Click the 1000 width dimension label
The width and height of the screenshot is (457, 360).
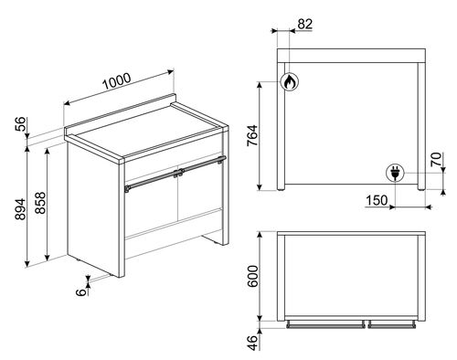pos(117,81)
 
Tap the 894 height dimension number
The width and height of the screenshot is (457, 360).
pos(21,209)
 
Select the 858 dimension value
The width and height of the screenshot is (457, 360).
pos(40,203)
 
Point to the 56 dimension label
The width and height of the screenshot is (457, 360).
pos(21,124)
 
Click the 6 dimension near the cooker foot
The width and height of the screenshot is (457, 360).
pos(80,292)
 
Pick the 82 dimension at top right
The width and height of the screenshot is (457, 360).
pos(305,24)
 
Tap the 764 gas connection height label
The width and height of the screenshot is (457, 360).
pos(252,136)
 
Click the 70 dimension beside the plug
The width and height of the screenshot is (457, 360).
pos(436,159)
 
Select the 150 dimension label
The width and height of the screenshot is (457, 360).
pos(377,200)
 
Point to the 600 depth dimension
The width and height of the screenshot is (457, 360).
pos(252,276)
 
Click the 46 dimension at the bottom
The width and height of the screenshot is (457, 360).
pos(252,343)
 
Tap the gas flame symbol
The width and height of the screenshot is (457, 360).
pos(289,81)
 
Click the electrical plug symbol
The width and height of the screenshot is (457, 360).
pos(395,173)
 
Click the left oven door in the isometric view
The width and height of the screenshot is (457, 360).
pos(151,207)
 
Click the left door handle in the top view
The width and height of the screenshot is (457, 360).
pos(325,325)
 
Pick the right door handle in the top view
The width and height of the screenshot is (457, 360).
pos(392,325)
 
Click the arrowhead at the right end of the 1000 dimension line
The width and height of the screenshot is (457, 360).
pos(170,72)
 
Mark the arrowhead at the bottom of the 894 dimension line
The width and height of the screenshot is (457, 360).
pos(27,263)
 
